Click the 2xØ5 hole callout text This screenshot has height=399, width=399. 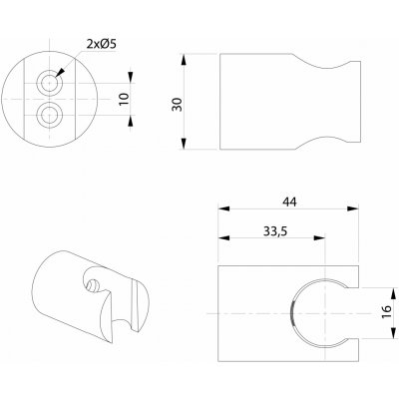pyautogui.click(x=101, y=44)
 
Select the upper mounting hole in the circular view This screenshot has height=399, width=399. pyautogui.click(x=50, y=82)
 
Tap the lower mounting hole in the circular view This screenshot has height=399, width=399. pyautogui.click(x=50, y=115)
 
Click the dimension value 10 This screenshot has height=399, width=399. pyautogui.click(x=124, y=99)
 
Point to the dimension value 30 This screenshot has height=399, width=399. pyautogui.click(x=177, y=105)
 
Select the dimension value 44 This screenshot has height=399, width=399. pyautogui.click(x=289, y=201)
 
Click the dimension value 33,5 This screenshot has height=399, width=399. pyautogui.click(x=275, y=231)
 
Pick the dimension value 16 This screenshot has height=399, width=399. pyautogui.click(x=387, y=312)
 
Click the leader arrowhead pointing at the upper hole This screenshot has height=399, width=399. pyautogui.click(x=60, y=73)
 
